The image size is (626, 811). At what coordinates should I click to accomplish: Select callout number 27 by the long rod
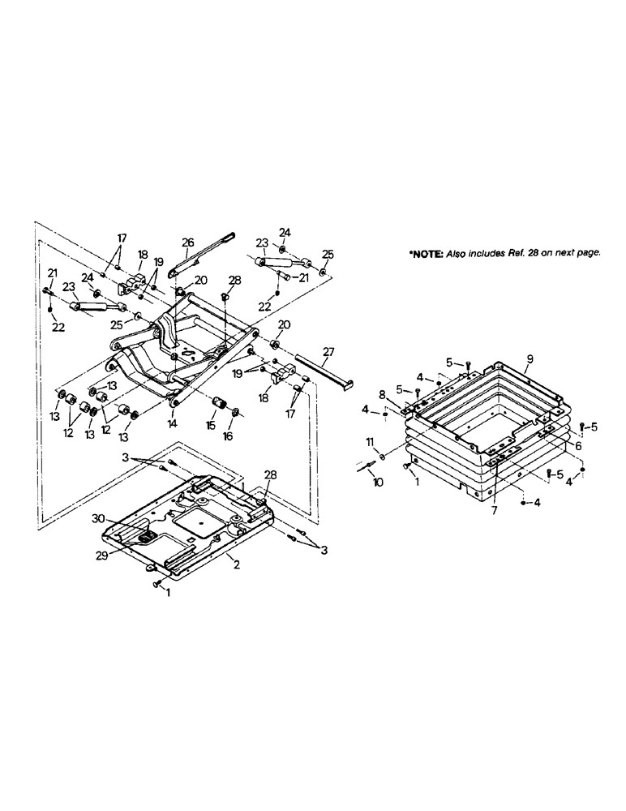point(328,351)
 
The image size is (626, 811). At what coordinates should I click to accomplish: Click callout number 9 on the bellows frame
point(530,358)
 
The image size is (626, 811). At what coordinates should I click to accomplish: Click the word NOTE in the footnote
point(427,254)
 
